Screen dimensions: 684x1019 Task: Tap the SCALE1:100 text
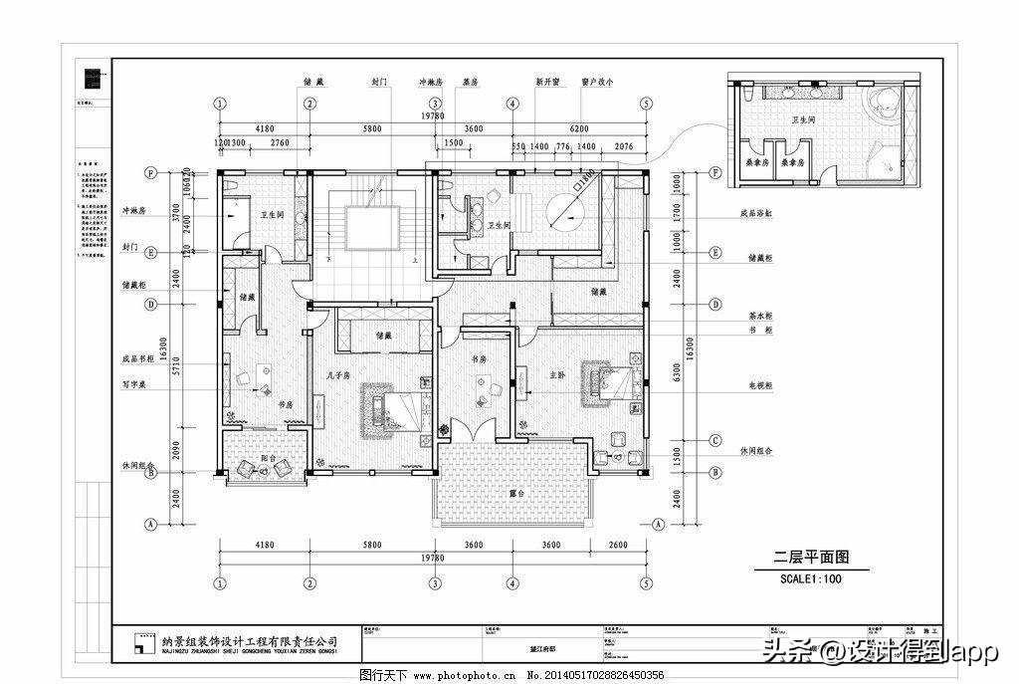point(810,578)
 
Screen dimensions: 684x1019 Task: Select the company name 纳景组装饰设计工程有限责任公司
point(250,642)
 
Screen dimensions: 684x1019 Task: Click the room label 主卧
point(557,374)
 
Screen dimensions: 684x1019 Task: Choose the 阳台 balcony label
point(267,458)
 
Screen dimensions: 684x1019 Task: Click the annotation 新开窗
point(547,83)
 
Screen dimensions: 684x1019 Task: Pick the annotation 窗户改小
point(597,83)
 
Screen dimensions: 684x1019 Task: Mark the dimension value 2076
point(624,146)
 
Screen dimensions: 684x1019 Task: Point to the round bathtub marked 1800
point(573,210)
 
